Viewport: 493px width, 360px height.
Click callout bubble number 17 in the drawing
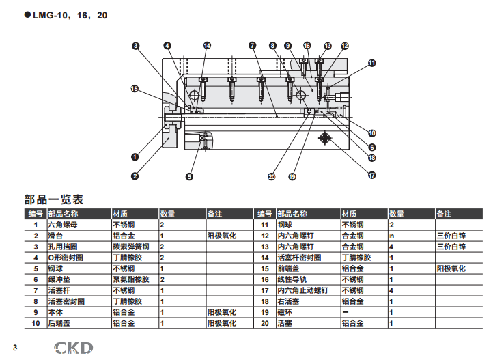click(372, 175)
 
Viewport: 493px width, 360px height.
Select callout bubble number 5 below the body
click(190, 176)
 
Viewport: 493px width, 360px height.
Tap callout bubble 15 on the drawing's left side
click(135, 88)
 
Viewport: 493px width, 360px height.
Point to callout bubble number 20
click(272, 177)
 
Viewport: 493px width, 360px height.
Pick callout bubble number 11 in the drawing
click(372, 63)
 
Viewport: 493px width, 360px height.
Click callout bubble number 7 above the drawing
click(253, 46)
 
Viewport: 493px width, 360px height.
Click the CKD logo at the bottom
click(73, 348)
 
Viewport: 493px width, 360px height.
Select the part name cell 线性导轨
click(292, 279)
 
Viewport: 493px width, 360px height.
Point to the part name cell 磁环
click(285, 312)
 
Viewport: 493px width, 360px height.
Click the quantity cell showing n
click(392, 235)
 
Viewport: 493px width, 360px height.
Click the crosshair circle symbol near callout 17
click(324, 139)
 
